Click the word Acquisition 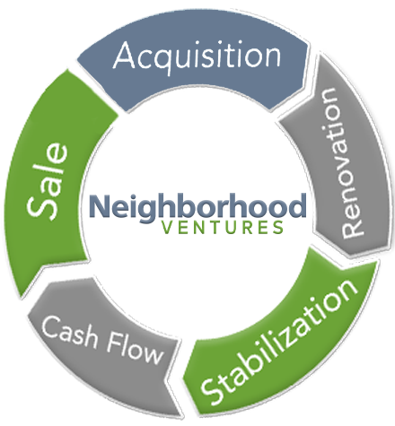[197, 57]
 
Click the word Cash [70, 332]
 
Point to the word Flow [135, 350]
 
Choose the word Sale [48, 181]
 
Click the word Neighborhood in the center [197, 207]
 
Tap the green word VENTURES [223, 228]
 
